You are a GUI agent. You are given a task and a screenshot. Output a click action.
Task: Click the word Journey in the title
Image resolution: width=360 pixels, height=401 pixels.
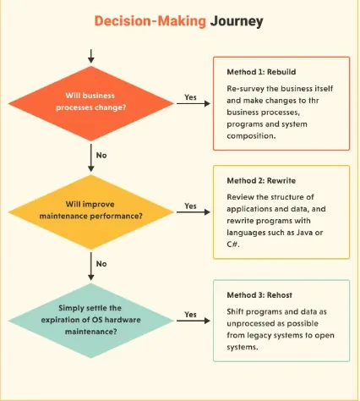(x=237, y=22)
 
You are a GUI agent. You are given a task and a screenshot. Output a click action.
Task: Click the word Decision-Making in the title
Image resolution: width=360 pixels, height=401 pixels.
(x=150, y=21)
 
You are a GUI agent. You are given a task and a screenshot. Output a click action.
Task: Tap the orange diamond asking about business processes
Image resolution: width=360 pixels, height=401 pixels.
(x=91, y=103)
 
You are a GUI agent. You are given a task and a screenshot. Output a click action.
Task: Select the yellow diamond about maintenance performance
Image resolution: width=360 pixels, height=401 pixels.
(x=91, y=212)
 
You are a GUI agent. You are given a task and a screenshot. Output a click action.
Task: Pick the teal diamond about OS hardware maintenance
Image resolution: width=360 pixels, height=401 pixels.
(x=91, y=321)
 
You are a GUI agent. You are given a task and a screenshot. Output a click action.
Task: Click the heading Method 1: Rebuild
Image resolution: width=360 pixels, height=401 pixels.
(x=261, y=72)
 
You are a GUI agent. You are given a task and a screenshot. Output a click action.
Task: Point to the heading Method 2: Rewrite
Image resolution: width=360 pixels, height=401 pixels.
(x=261, y=180)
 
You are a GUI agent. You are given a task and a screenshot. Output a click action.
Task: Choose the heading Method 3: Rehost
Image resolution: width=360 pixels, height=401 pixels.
(x=259, y=295)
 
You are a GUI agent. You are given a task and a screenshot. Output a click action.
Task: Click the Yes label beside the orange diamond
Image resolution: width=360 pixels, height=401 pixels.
(x=190, y=97)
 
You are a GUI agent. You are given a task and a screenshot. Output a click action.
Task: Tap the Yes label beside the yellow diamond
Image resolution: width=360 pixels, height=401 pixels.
(x=190, y=206)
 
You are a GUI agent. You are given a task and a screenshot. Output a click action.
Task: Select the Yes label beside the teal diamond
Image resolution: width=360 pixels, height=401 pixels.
(x=190, y=315)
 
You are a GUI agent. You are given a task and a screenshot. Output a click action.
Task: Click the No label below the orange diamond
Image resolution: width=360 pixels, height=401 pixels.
(x=101, y=155)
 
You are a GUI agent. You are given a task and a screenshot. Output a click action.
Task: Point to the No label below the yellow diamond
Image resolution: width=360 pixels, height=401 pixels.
(x=101, y=264)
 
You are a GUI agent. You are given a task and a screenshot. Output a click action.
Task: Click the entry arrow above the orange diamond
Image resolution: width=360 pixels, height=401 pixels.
(x=90, y=56)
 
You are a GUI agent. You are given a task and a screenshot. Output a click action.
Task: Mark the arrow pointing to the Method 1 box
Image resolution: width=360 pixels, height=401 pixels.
(x=194, y=103)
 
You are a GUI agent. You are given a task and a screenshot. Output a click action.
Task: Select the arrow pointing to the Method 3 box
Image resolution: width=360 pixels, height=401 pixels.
(x=194, y=321)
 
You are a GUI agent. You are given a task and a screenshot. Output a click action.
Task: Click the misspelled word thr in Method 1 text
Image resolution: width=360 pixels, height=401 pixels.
(x=313, y=101)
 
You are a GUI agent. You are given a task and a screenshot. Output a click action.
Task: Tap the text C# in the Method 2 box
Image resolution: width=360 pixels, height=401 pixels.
(x=233, y=244)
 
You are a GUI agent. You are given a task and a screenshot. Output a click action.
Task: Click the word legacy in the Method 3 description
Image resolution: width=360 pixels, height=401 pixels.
(x=259, y=336)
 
